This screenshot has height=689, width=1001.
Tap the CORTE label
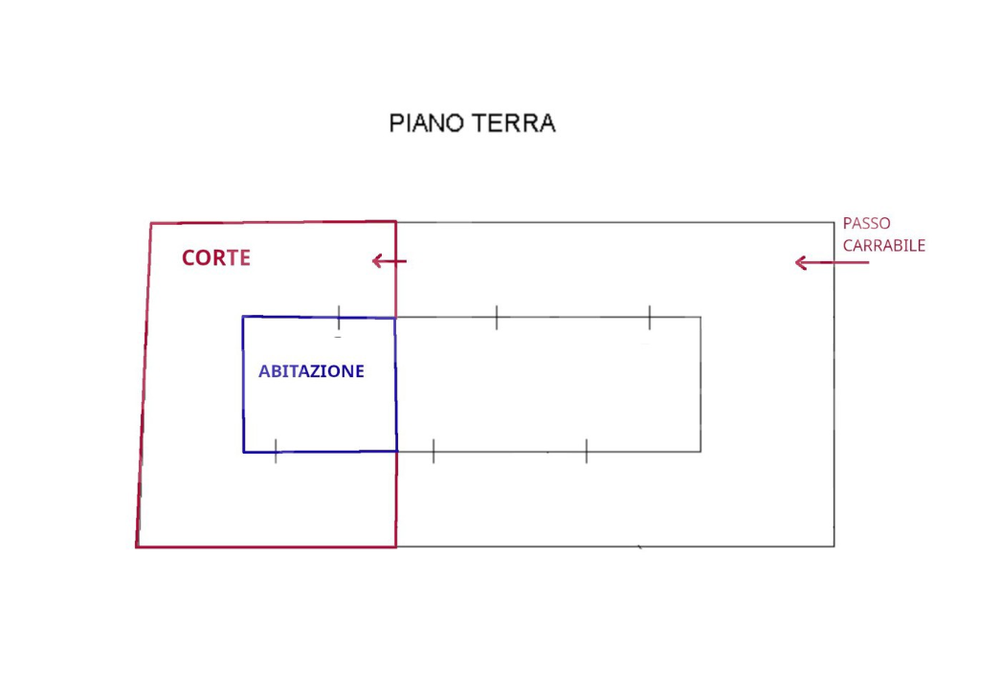click(x=216, y=258)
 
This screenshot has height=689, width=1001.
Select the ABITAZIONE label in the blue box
click(x=311, y=371)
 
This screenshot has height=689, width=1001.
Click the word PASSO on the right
click(x=866, y=223)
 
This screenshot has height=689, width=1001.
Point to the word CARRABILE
click(x=883, y=246)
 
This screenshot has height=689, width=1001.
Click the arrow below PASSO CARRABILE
click(x=831, y=262)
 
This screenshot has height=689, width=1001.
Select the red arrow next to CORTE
click(x=389, y=261)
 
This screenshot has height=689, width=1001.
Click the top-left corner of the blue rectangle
click(x=243, y=317)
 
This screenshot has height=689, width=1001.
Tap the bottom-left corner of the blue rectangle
click(x=244, y=452)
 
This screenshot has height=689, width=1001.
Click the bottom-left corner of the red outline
click(x=137, y=546)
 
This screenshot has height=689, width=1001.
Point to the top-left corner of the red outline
click(x=151, y=224)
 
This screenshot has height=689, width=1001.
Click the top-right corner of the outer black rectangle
click(x=834, y=223)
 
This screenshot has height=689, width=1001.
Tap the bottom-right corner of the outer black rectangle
click(x=834, y=545)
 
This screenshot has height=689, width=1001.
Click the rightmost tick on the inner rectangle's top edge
click(x=649, y=317)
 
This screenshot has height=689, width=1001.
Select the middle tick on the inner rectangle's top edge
click(x=497, y=317)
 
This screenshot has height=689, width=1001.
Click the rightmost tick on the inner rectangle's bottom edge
click(x=586, y=452)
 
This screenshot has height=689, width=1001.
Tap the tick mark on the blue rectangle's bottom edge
click(x=276, y=452)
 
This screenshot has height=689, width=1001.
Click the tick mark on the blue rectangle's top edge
click(x=339, y=317)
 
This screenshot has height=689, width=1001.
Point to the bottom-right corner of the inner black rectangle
click(x=701, y=452)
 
